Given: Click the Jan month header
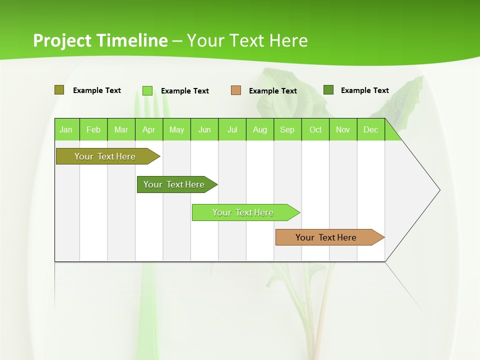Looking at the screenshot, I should [x=66, y=129].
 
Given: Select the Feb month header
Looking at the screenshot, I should [x=93, y=129].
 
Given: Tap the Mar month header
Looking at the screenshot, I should [x=121, y=129].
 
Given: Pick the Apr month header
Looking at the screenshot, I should [x=149, y=129].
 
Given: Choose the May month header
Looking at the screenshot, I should [x=176, y=129].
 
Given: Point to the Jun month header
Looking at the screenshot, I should [x=204, y=129].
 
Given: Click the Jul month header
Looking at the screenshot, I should [x=232, y=129].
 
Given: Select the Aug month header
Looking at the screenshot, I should [x=260, y=129].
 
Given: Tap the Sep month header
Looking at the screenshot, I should [x=287, y=129].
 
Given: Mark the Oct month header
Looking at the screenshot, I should [x=315, y=129].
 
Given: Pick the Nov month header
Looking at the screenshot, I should [x=343, y=129].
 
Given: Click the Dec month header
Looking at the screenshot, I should [x=371, y=129].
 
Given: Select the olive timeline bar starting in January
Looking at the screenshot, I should [x=105, y=156].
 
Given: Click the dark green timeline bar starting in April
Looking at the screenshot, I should [x=174, y=184].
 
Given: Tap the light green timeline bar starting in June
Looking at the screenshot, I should [x=243, y=212].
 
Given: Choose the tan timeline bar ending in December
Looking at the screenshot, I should [x=326, y=237].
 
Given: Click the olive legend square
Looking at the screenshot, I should [x=59, y=90].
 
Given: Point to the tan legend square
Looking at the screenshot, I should [x=236, y=90].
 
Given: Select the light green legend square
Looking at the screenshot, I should [x=147, y=90].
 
